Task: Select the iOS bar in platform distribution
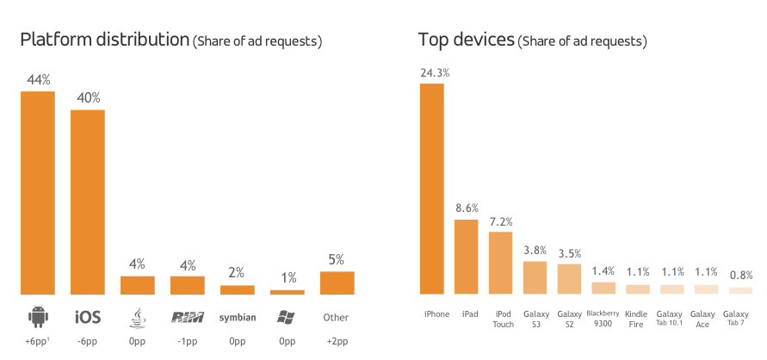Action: tap(88, 202)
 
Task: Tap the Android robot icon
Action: tap(38, 317)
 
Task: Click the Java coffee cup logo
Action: tap(137, 317)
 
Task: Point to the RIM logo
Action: tap(187, 317)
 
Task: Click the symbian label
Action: tap(237, 318)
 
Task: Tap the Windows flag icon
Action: tap(287, 317)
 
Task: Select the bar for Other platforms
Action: tap(337, 283)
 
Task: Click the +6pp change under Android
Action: tap(37, 342)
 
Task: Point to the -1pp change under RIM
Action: tap(187, 342)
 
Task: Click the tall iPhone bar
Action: tap(431, 189)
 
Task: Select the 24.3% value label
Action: tap(434, 72)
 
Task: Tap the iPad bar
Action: tap(466, 257)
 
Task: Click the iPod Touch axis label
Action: tap(504, 319)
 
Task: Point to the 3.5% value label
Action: tap(569, 253)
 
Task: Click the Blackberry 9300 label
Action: tap(603, 319)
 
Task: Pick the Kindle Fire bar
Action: tap(638, 289)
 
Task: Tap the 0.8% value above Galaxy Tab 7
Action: tap(740, 276)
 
